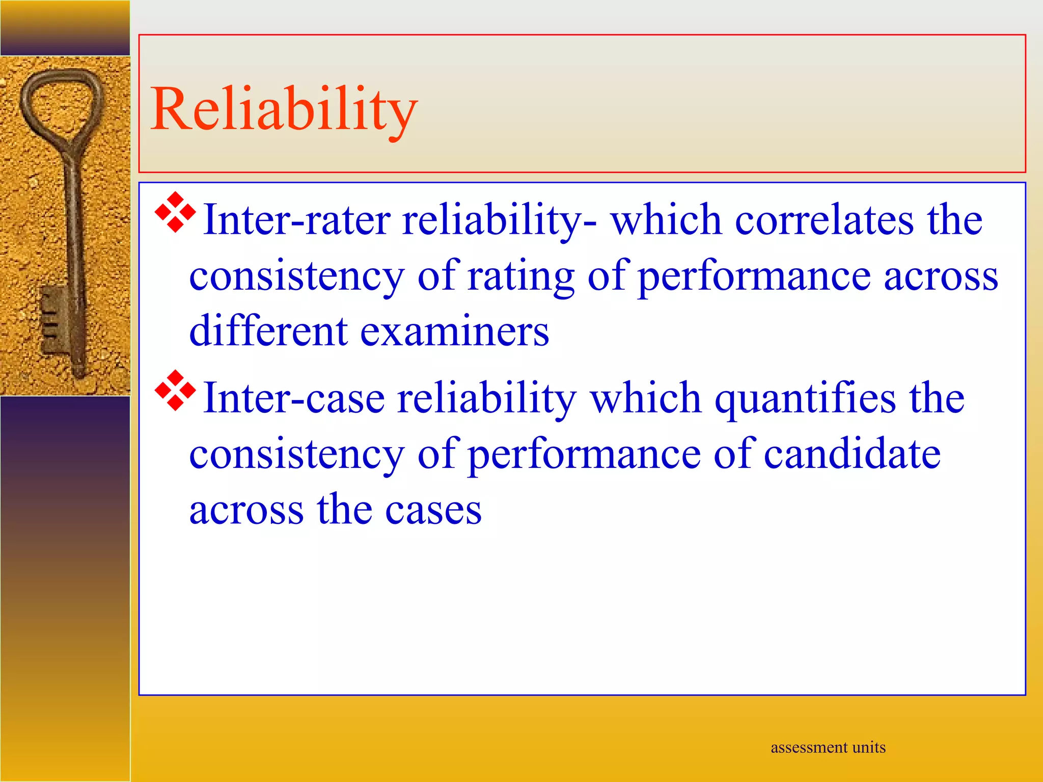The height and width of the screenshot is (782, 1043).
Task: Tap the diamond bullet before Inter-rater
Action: tap(175, 212)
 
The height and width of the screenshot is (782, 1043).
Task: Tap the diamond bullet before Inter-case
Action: tap(175, 390)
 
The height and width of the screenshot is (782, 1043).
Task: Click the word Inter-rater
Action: tap(296, 220)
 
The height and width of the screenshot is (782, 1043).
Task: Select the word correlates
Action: tap(825, 220)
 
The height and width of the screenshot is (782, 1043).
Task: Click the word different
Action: tap(268, 331)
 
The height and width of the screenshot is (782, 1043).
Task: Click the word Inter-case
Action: tap(294, 398)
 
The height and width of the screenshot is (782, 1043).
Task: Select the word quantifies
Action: tap(805, 399)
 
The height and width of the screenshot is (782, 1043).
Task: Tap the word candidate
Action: tap(852, 454)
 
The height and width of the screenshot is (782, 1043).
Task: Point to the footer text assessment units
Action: tap(828, 747)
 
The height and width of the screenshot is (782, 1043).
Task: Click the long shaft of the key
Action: tap(74, 229)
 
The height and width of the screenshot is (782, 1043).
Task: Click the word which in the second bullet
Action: tap(646, 398)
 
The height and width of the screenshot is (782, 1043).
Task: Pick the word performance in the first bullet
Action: tap(754, 277)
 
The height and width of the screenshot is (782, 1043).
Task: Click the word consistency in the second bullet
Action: tap(296, 454)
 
